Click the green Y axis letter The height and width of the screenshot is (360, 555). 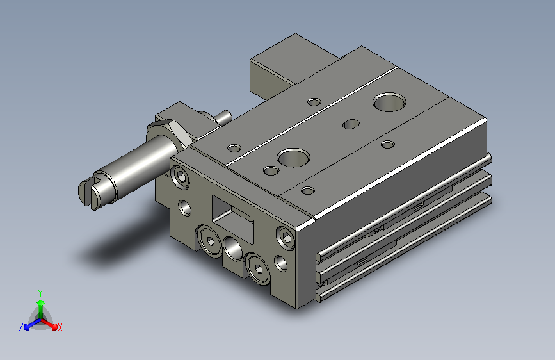tap(40, 293)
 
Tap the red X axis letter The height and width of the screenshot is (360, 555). tap(60, 327)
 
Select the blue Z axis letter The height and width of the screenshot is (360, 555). tap(21, 327)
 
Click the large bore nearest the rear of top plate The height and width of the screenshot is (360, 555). tap(389, 102)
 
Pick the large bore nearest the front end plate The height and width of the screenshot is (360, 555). tap(293, 158)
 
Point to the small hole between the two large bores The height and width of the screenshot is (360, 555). tap(351, 124)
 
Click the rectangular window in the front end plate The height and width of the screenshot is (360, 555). tap(232, 219)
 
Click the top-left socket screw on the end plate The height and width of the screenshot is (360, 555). tap(180, 176)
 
